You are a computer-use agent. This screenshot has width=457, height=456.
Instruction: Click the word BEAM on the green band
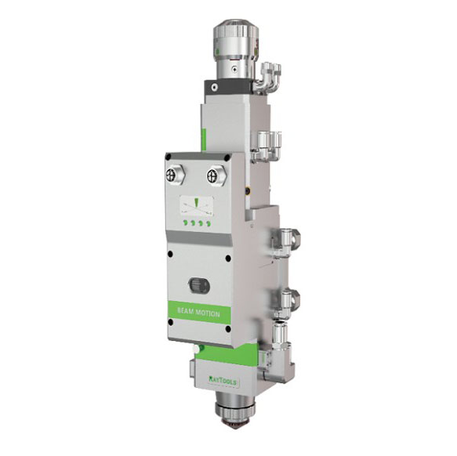185,312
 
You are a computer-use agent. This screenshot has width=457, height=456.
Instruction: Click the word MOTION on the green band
208,313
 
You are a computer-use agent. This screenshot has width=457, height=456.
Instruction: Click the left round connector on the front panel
175,176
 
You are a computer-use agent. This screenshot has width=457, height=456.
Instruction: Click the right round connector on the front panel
216,176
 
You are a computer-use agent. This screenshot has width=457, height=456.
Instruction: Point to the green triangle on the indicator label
196,203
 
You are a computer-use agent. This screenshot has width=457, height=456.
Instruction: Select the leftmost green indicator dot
185,223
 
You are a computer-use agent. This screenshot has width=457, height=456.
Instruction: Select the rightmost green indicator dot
208,224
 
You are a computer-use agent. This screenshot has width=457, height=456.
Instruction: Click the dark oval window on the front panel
199,285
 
